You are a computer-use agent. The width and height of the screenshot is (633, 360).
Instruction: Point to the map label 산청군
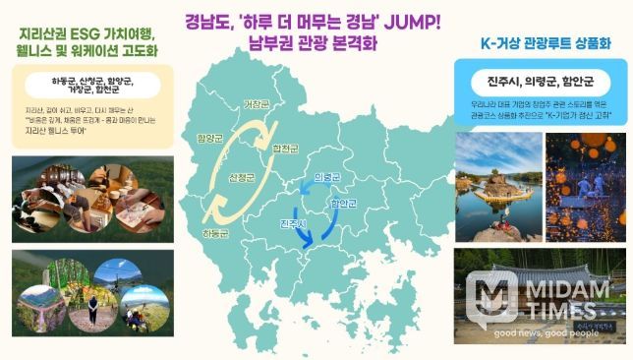coord(242,178)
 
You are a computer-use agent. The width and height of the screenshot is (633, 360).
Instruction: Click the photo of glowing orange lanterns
coord(586,186)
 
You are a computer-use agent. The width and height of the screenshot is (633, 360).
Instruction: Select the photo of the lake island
coord(498,186)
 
